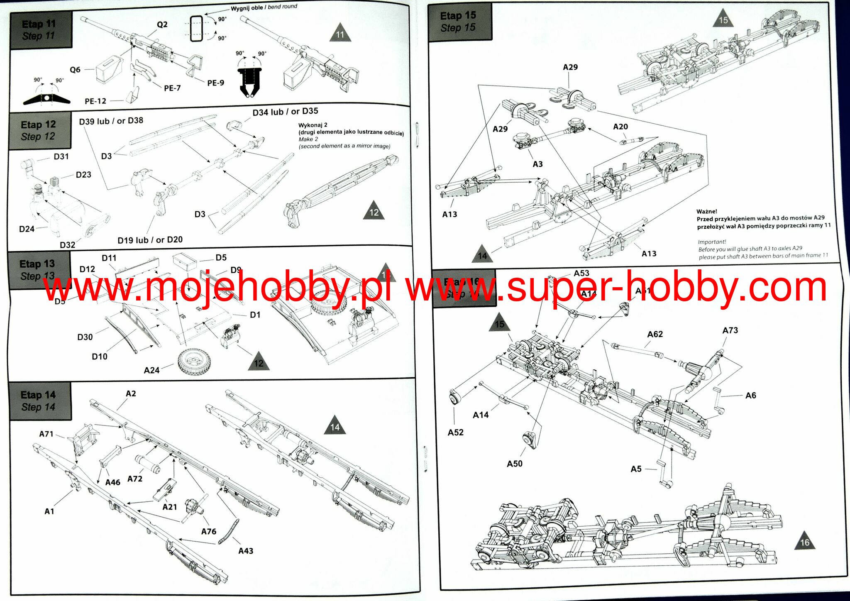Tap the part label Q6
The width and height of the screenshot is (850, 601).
(x=75, y=70)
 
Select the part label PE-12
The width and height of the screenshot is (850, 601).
(x=95, y=101)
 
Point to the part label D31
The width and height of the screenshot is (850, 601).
(x=61, y=156)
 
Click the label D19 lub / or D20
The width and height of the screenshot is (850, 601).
(x=150, y=240)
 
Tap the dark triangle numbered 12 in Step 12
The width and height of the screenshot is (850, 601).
(x=374, y=212)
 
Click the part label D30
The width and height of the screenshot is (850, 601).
(x=85, y=337)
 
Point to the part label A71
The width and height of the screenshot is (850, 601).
(x=46, y=434)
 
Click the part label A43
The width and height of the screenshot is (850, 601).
(x=246, y=551)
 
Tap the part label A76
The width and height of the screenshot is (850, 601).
(x=209, y=531)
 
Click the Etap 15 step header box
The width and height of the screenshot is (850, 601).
(x=459, y=22)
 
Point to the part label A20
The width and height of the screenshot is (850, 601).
(x=620, y=127)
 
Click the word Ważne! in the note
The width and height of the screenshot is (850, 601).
(x=707, y=211)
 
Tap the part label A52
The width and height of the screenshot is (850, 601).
(x=455, y=432)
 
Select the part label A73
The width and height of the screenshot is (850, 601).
(x=730, y=330)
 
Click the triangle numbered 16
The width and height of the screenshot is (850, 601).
(x=804, y=541)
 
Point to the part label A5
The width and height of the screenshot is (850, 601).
(x=636, y=469)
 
